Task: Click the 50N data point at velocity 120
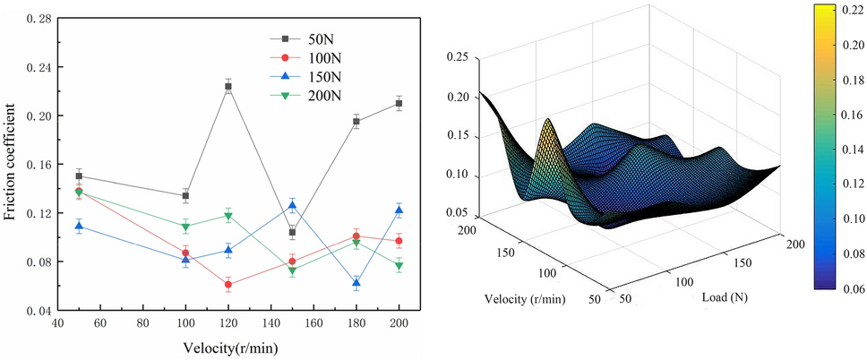[x=228, y=87]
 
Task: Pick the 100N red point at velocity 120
[x=228, y=285]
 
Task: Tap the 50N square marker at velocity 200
[x=399, y=104]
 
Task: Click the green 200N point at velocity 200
[x=399, y=266]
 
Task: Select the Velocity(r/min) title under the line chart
[x=227, y=347]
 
